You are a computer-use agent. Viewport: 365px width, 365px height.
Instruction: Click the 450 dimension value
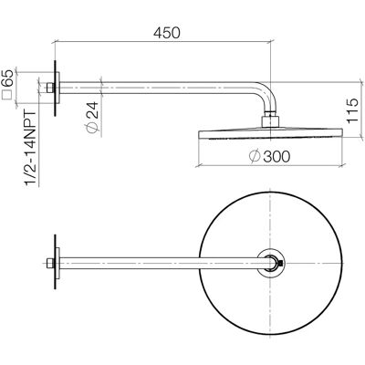[167, 33]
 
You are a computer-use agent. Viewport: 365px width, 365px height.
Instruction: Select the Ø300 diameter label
[269, 156]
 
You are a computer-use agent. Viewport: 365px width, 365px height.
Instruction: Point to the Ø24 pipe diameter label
[92, 117]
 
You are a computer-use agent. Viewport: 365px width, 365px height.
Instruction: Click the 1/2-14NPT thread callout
[31, 149]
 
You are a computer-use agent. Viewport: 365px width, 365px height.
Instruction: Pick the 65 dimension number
[7, 78]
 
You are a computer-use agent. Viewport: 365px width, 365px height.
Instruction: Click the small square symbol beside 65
[6, 95]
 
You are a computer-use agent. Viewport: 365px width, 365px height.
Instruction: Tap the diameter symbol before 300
[255, 156]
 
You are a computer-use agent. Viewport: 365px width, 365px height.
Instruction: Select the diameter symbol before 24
[92, 128]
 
